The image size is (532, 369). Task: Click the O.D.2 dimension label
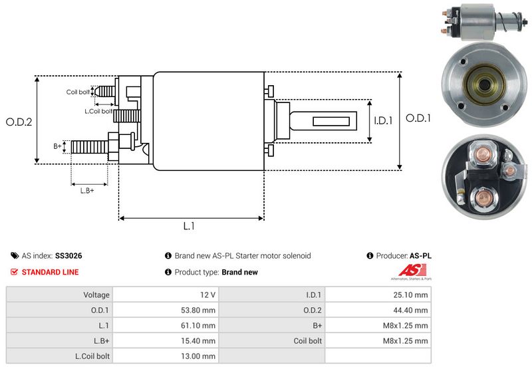(x=19, y=122)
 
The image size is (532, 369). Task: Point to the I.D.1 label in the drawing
(x=384, y=121)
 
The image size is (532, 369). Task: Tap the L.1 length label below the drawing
(x=189, y=226)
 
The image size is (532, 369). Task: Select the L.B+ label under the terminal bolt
(x=87, y=191)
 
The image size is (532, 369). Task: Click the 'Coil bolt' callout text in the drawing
(x=78, y=92)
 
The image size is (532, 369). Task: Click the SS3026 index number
(x=68, y=255)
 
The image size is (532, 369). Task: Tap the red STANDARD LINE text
(x=50, y=272)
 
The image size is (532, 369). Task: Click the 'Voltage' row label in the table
(x=96, y=295)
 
